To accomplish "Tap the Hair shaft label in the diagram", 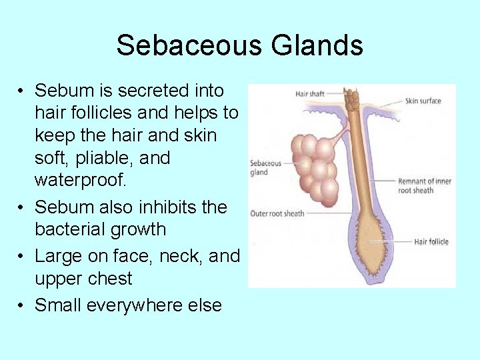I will (x=309, y=94).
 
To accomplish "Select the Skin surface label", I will (x=423, y=101).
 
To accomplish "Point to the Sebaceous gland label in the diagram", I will (x=265, y=167).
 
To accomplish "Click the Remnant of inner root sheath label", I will (x=425, y=185).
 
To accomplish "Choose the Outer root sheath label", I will (x=277, y=213).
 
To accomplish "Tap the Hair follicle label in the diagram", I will (x=431, y=241).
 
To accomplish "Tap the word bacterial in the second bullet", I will (x=74, y=229).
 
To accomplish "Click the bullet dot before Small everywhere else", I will (x=22, y=305).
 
